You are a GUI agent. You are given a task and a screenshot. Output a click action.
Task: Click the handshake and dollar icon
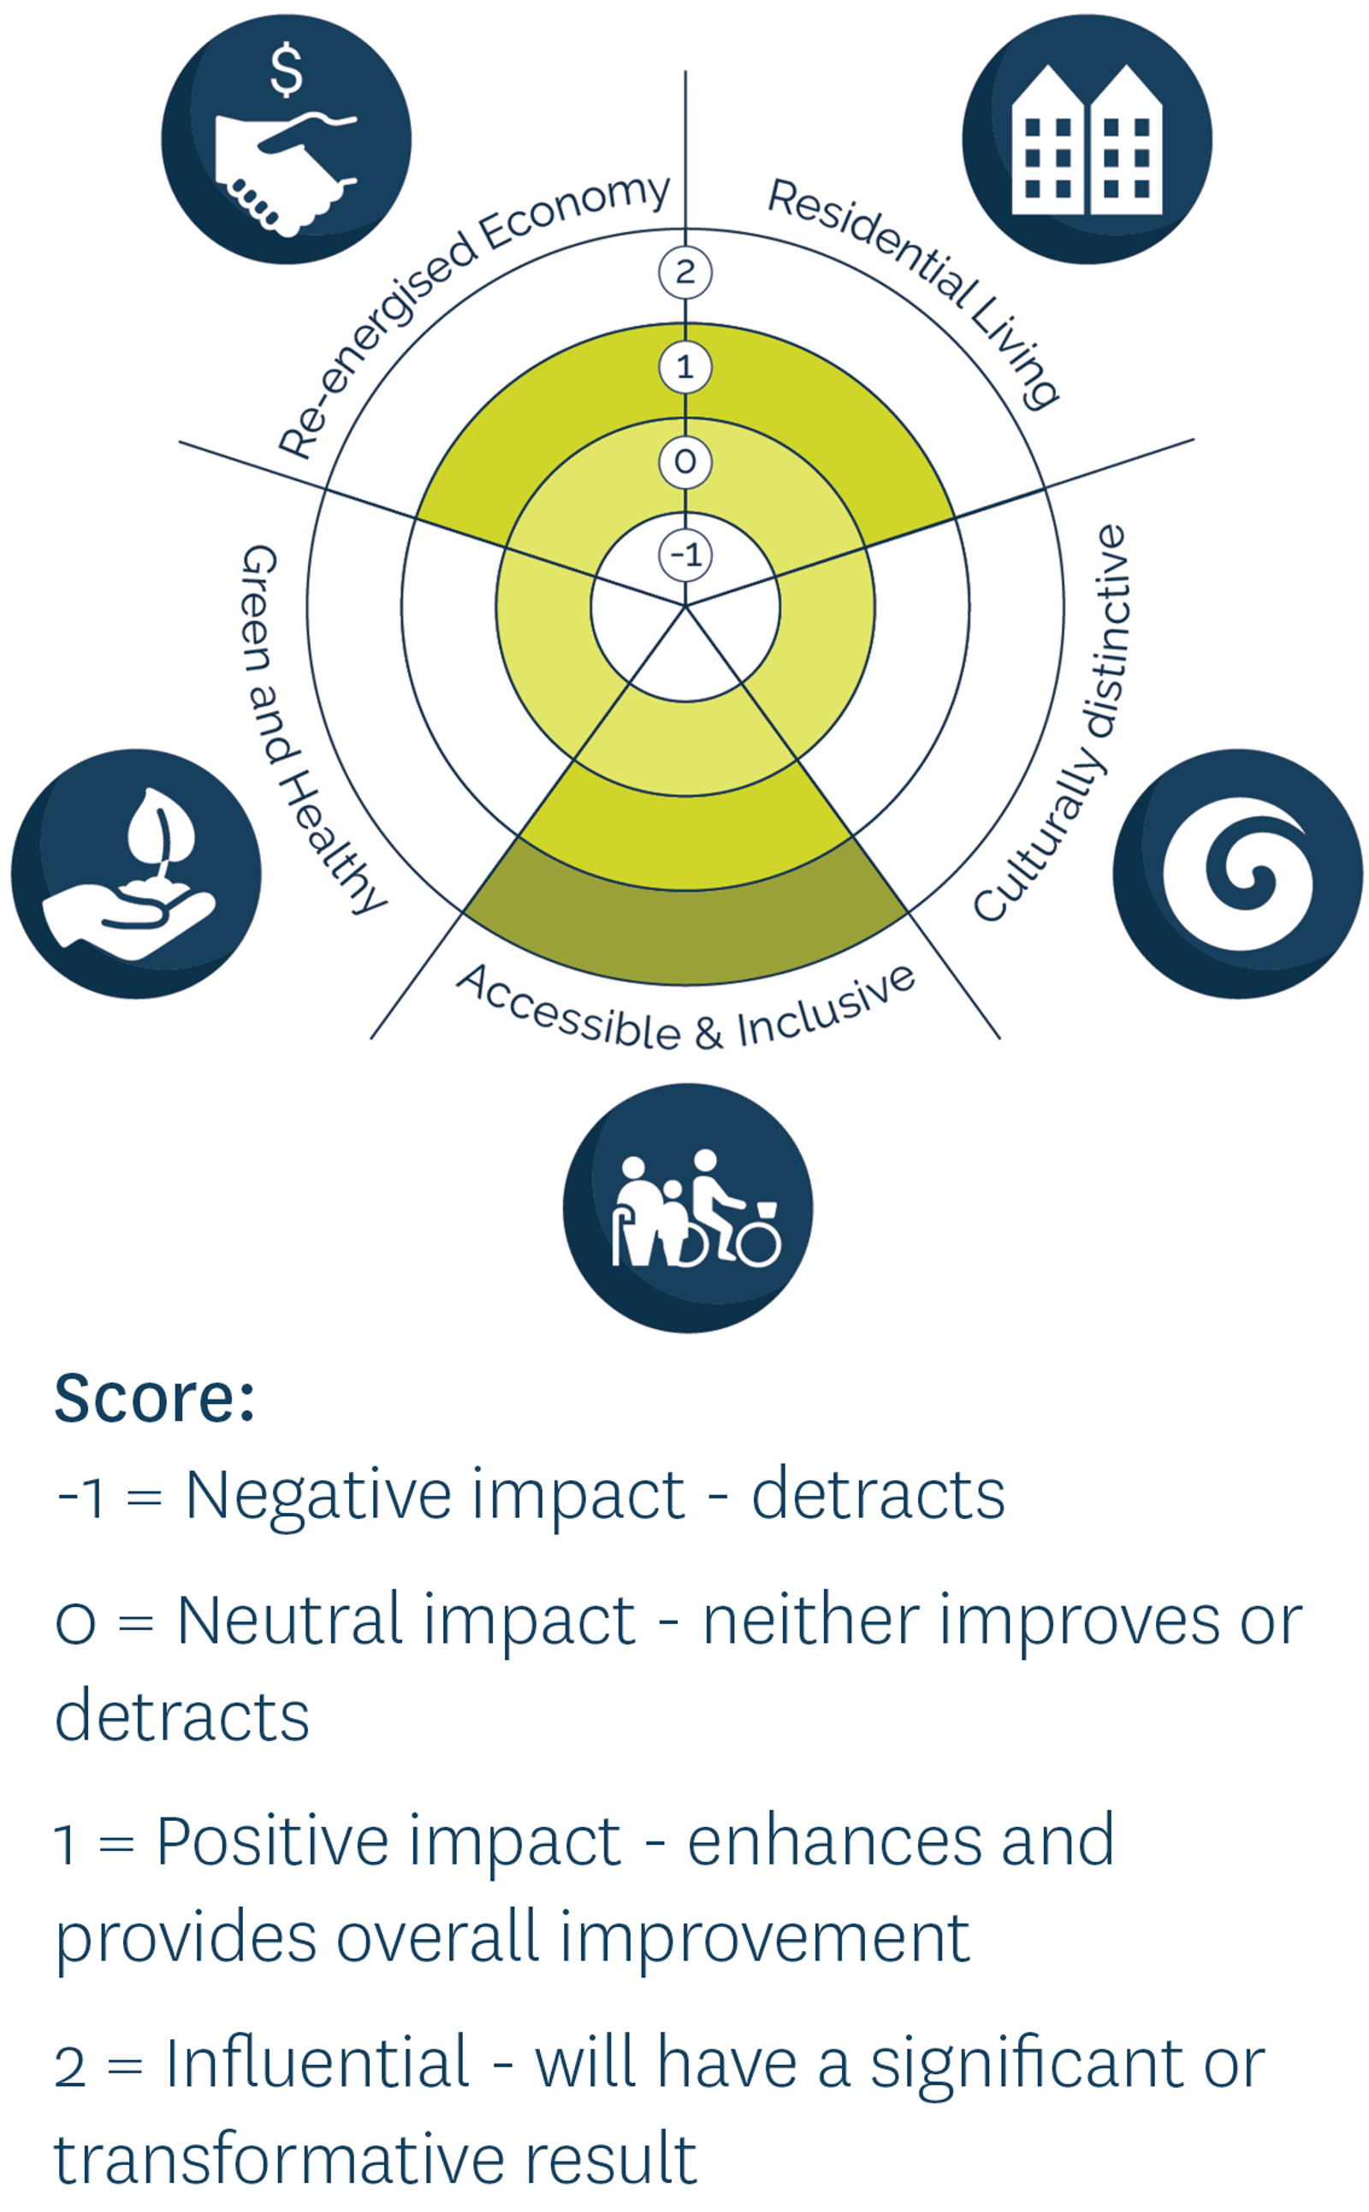(286, 139)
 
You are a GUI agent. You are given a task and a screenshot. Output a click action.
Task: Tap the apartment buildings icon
(1087, 139)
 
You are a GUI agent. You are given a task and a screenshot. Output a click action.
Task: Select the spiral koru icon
(1238, 874)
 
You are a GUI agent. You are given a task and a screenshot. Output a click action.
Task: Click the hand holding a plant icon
(136, 874)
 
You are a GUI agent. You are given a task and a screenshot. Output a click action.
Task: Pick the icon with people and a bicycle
(688, 1208)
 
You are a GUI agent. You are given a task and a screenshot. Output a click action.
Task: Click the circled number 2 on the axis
(685, 272)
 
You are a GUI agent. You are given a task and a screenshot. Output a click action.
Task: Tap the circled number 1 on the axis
(685, 368)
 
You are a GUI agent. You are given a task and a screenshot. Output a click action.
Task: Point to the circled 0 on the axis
(685, 462)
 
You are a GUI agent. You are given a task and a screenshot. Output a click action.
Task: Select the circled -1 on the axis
(685, 555)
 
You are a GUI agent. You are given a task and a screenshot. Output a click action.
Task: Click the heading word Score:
(155, 1399)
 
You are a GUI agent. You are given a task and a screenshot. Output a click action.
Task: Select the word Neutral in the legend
(289, 1620)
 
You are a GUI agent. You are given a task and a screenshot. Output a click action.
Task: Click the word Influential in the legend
(317, 2063)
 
